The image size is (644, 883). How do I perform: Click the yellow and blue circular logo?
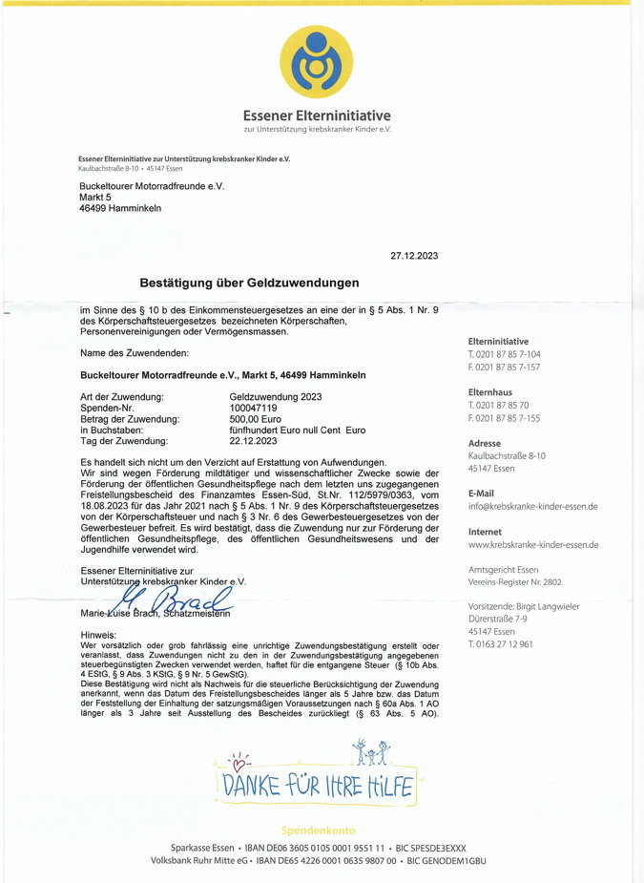tap(317, 62)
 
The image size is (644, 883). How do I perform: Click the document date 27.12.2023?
tap(414, 256)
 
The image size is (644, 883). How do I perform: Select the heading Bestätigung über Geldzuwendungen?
tap(249, 283)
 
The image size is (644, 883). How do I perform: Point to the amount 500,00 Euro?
tap(253, 419)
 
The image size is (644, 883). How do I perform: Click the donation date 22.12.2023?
tap(253, 441)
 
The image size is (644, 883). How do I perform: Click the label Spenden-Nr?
tap(107, 408)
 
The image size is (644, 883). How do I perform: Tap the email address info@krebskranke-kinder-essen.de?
tap(532, 506)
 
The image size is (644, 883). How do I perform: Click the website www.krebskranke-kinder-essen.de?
tap(533, 545)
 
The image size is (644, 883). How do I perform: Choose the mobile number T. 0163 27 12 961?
tap(501, 644)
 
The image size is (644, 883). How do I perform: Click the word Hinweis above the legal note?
tap(98, 635)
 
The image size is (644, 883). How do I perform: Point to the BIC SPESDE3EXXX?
tap(432, 848)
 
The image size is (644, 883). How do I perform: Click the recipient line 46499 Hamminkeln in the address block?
tap(119, 208)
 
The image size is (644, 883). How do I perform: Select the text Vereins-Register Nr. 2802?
tap(514, 581)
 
